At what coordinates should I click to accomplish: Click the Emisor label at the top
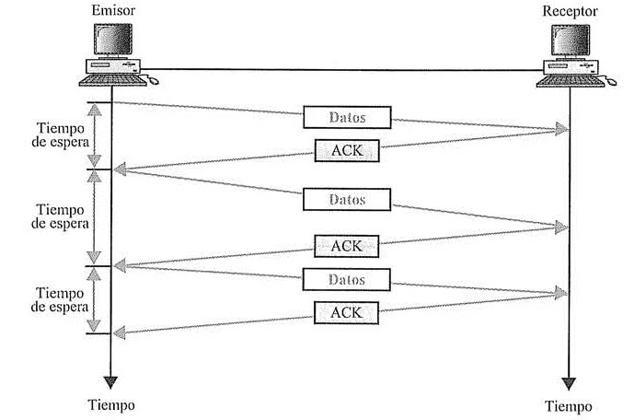click(x=113, y=10)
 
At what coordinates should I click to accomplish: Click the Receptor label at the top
click(x=571, y=11)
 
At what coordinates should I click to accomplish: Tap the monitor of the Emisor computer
click(x=113, y=40)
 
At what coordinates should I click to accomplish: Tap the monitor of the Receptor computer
click(x=571, y=41)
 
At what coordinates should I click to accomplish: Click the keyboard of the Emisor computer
click(x=113, y=80)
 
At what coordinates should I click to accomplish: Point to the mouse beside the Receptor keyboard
click(x=611, y=81)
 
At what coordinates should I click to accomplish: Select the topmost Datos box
click(x=347, y=117)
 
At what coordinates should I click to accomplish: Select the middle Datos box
click(x=347, y=200)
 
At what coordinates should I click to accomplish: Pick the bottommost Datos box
click(x=347, y=280)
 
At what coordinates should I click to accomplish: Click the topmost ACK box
click(x=347, y=150)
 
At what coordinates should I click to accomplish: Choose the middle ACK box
click(x=347, y=246)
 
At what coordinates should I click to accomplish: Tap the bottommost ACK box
click(x=347, y=313)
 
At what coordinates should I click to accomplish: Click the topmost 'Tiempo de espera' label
click(x=60, y=135)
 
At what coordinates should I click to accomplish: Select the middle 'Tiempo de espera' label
click(x=60, y=216)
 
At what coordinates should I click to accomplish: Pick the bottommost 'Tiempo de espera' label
click(x=60, y=300)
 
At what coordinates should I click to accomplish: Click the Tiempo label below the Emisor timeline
click(x=111, y=405)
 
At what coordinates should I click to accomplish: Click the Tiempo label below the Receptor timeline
click(x=569, y=406)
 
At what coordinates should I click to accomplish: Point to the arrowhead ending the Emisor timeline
click(x=110, y=382)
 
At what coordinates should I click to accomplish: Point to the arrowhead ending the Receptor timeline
click(x=569, y=383)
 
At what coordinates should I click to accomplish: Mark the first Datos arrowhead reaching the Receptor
click(x=562, y=129)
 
